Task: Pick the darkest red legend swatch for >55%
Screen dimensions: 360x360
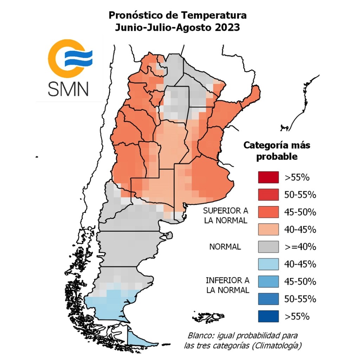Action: (268, 177)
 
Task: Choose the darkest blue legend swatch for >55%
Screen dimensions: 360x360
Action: (268, 316)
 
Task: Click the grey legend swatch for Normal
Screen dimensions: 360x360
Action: (268, 247)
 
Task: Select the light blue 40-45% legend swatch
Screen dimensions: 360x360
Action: (268, 264)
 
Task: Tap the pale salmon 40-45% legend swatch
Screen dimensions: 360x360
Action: (268, 229)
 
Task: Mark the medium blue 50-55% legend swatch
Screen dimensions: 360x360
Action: (268, 299)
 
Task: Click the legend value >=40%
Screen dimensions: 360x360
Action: (300, 247)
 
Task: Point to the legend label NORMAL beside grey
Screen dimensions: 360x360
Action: (225, 247)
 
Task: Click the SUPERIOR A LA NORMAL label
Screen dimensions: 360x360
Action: (225, 216)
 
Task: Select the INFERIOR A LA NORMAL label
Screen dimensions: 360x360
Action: (227, 285)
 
